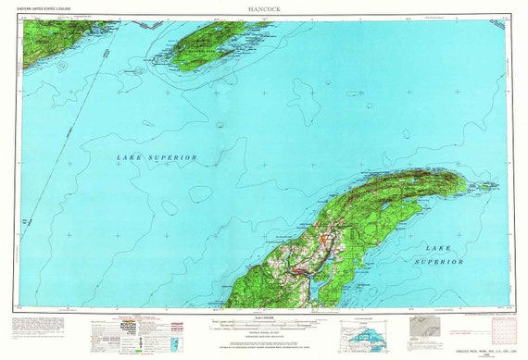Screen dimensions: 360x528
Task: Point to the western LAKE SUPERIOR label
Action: point(157,158)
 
